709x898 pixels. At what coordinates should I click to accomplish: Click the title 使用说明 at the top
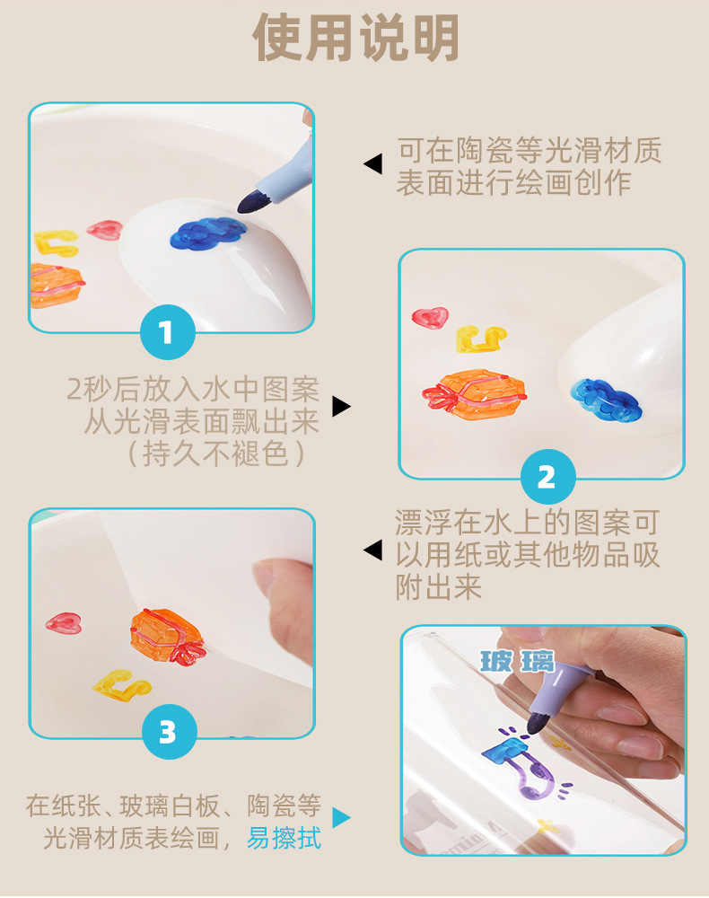coord(355,38)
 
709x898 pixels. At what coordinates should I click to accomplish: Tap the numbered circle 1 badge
coord(168,332)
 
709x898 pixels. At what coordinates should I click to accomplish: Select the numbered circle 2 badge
coord(547,477)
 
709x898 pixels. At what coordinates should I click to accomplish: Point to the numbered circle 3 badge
coord(169,731)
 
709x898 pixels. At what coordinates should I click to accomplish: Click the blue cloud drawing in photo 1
coord(208,233)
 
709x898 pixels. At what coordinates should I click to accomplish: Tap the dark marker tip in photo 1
coord(250,202)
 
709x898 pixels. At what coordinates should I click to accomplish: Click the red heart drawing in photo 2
coord(430,317)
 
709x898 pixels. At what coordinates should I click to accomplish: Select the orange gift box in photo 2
coord(474,394)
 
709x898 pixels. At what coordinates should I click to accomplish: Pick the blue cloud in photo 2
coord(606,398)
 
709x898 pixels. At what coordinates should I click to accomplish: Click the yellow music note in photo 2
coord(481,339)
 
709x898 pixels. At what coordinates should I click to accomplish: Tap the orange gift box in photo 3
coord(167,637)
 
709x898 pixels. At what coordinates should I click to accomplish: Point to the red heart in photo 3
coord(64,623)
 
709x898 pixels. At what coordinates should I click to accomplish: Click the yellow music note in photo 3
coord(121,685)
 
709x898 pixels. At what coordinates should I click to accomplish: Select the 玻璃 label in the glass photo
coord(517,662)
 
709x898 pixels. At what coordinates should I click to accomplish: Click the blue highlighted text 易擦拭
coord(284,838)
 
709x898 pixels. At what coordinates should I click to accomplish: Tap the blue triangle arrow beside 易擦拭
coord(340,817)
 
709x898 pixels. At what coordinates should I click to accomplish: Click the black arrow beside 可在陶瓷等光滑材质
coord(373,164)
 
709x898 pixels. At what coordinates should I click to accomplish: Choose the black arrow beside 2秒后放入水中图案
coord(342,406)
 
